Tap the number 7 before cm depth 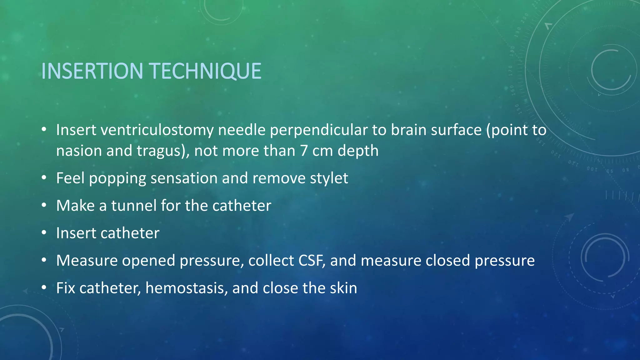point(304,151)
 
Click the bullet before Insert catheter point(44,233)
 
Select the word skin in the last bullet point(343,288)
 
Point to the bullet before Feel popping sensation point(44,178)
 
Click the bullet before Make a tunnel point(44,205)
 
